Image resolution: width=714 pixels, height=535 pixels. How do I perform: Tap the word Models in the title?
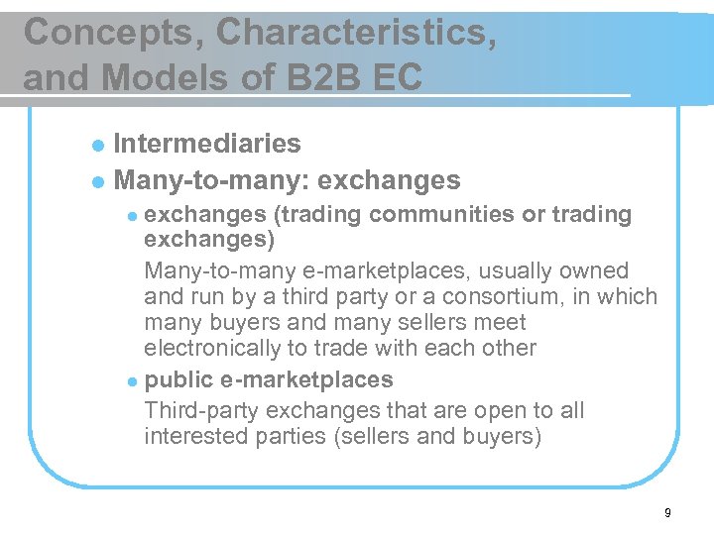point(171,75)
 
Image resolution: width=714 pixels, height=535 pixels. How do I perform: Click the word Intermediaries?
point(207,144)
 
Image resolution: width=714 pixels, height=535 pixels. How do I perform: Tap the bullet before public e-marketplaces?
point(133,380)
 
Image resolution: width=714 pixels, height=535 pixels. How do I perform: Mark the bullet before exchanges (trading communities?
point(133,216)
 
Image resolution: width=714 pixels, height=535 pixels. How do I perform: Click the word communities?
point(458,214)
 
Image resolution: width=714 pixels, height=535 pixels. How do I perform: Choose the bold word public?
point(177,379)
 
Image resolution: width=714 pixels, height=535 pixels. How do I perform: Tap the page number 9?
point(667,512)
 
